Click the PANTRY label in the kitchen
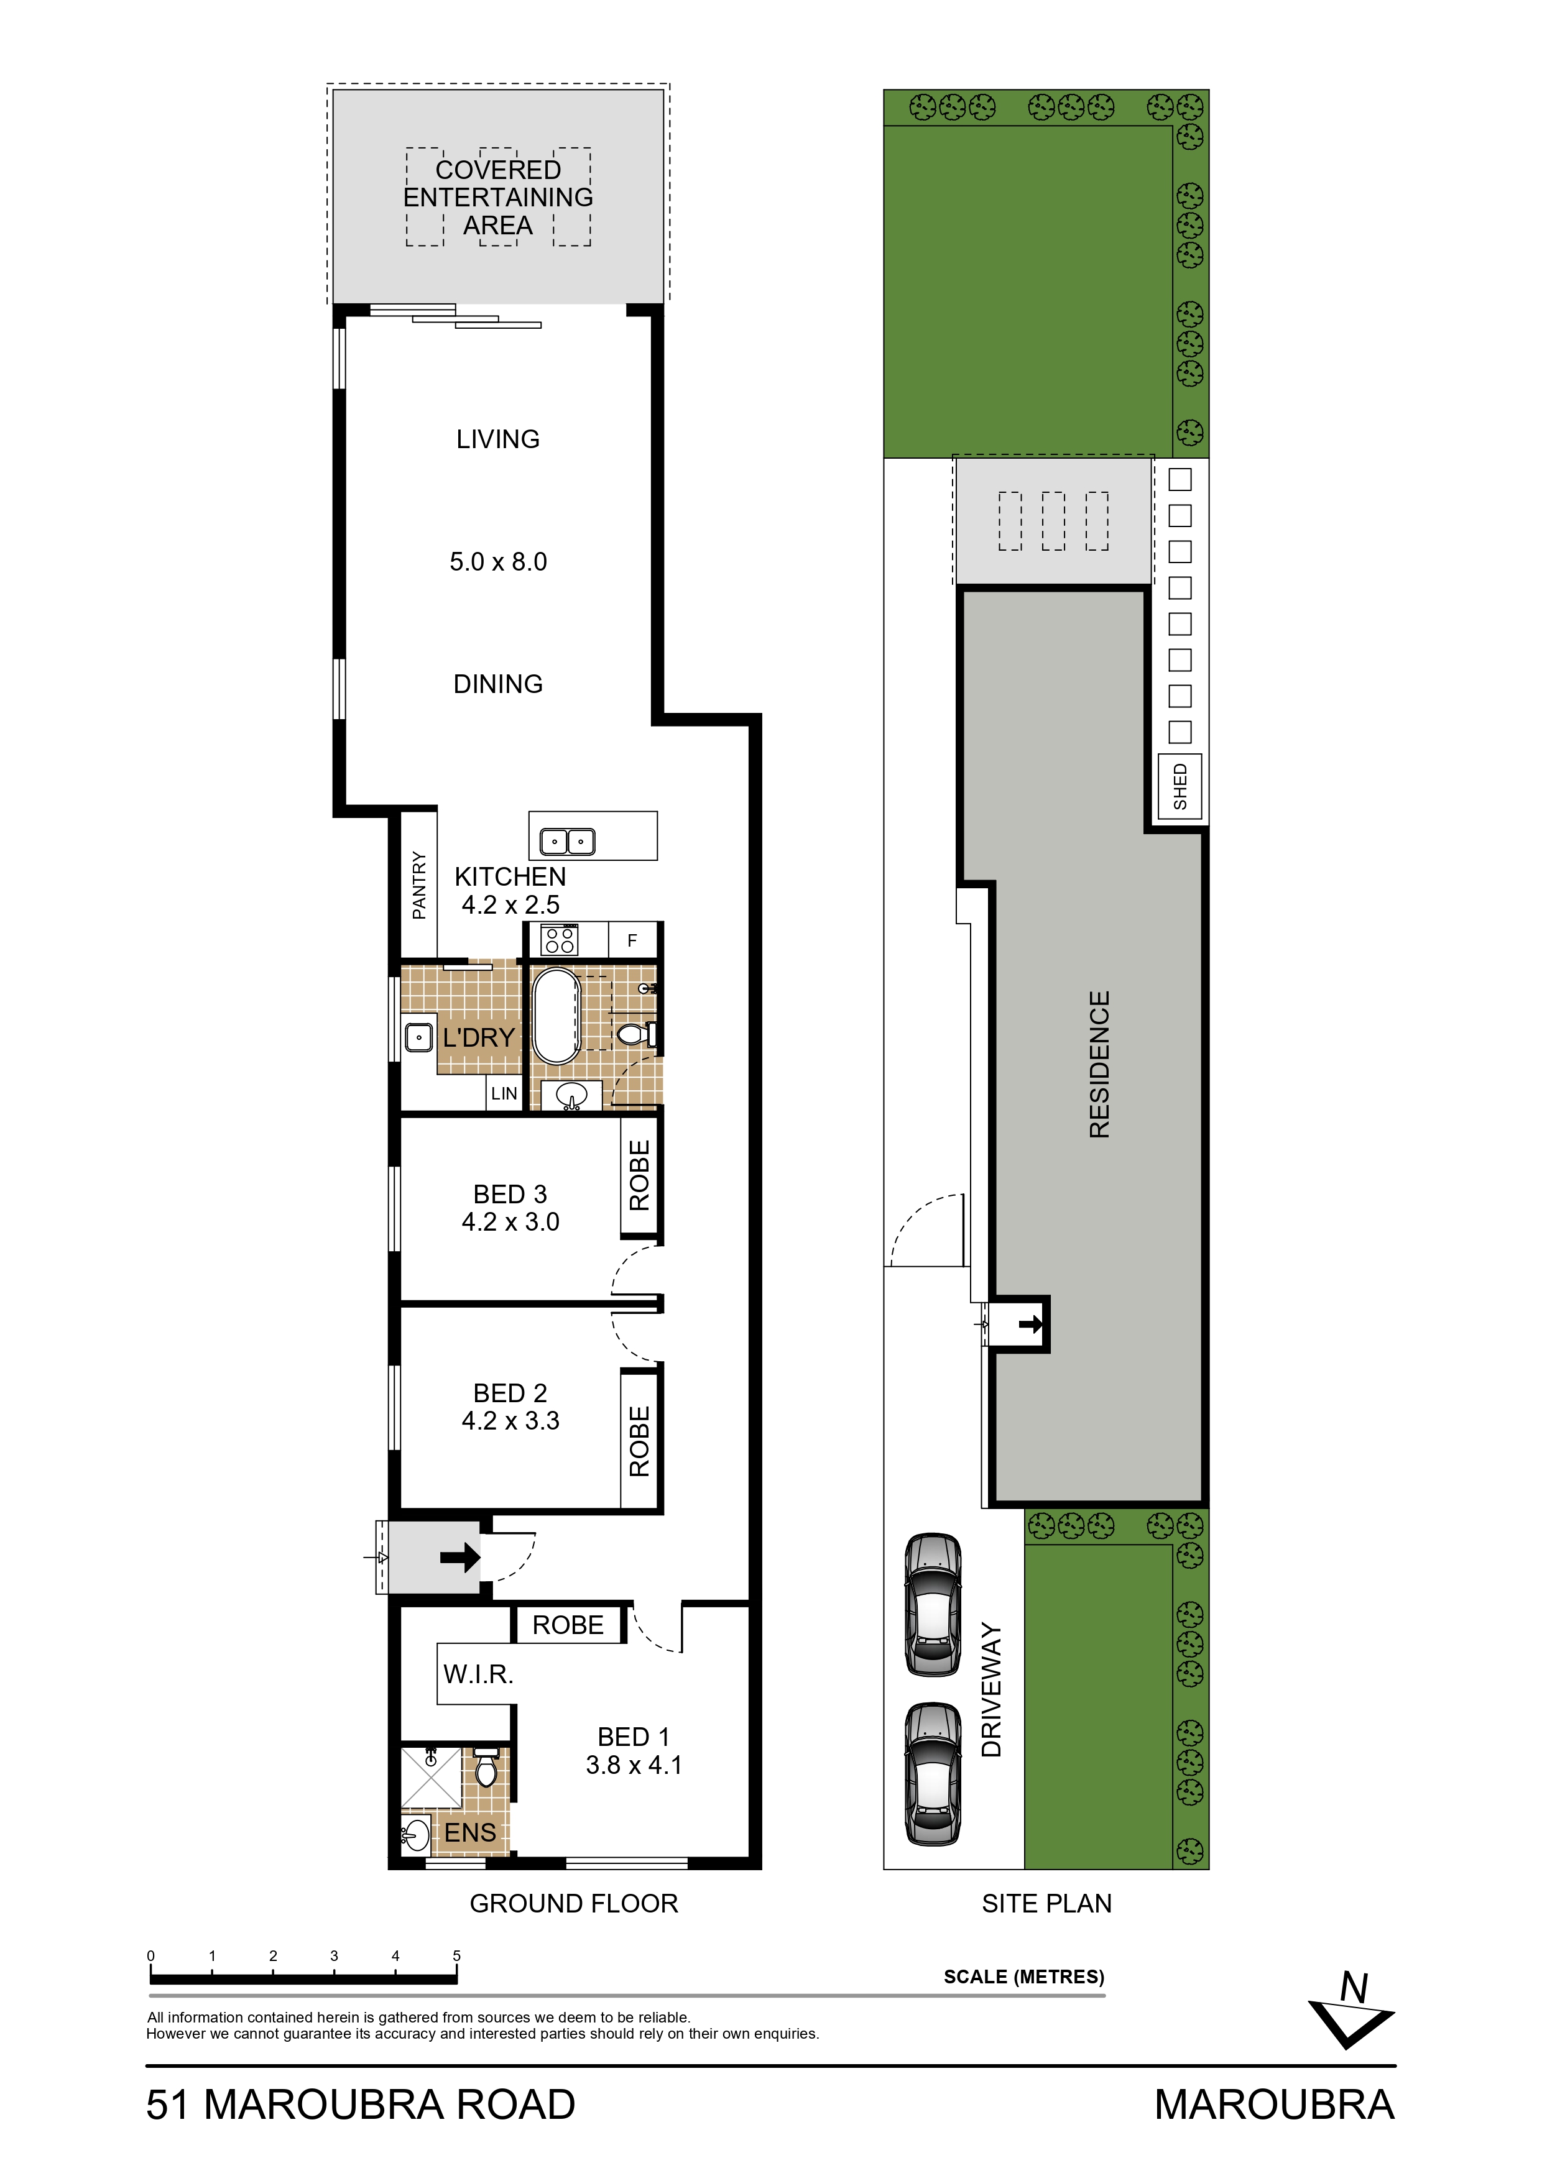pos(419,884)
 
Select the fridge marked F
pos(633,940)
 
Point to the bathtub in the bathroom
pos(556,1016)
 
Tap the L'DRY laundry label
pos(479,1037)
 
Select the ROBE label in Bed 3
pos(639,1175)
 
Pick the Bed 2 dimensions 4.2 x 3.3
pos(510,1420)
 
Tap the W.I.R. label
pos(478,1674)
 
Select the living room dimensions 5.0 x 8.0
pos(498,561)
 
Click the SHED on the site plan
pos(1180,786)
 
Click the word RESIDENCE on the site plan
pos(1099,1064)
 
